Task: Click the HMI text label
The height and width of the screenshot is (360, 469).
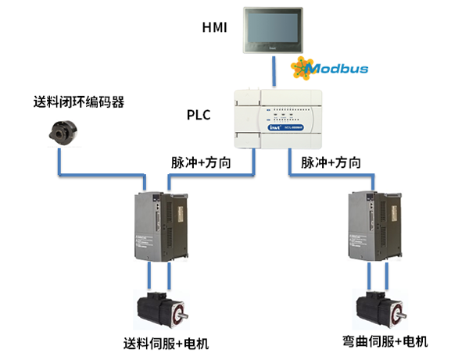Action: tap(214, 30)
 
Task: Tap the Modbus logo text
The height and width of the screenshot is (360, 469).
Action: tap(336, 69)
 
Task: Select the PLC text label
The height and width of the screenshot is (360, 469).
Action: tap(198, 116)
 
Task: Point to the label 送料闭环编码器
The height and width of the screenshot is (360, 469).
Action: tap(79, 102)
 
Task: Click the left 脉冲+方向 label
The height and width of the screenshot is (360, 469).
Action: tap(201, 163)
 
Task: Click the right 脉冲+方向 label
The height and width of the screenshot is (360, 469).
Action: tap(331, 163)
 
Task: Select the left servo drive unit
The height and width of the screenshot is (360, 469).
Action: tap(158, 226)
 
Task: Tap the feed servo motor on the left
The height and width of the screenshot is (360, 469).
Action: tap(159, 310)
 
